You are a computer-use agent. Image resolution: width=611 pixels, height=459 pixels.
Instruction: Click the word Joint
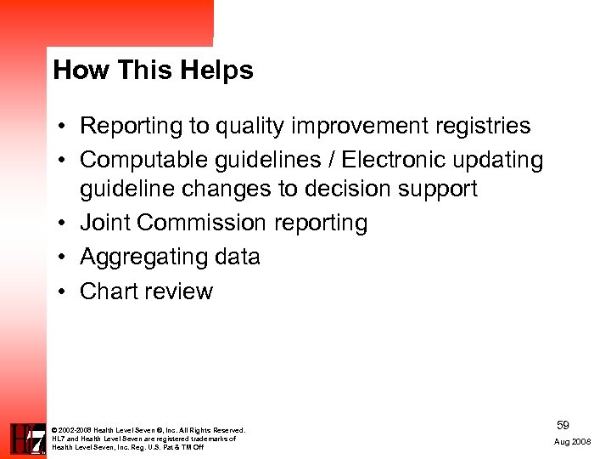click(105, 223)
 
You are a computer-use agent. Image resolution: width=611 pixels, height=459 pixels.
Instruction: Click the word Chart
click(109, 292)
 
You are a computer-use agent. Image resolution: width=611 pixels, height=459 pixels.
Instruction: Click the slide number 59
click(563, 423)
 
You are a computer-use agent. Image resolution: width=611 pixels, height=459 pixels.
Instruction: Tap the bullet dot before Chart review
click(64, 292)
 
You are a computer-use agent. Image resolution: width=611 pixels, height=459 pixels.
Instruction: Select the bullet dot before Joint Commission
click(64, 223)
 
